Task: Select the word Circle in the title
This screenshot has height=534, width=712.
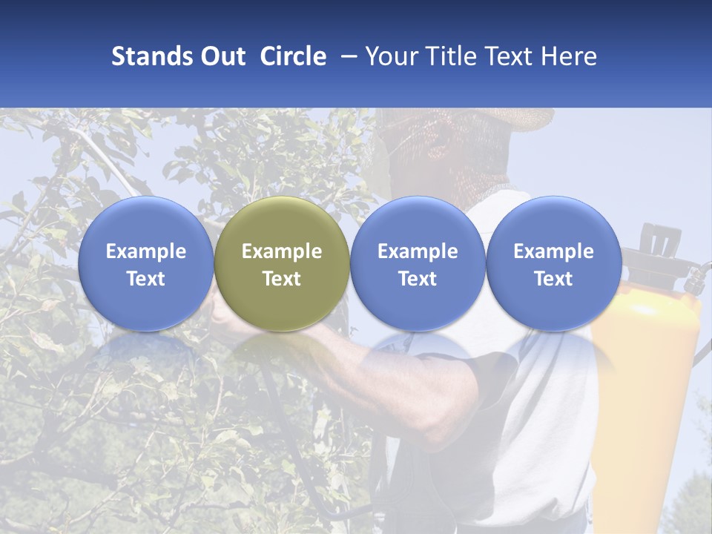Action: coord(293,56)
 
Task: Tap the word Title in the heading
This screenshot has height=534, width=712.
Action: coord(447,56)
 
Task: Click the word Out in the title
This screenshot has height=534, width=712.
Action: coord(221,56)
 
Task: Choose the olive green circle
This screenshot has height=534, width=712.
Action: coord(282,263)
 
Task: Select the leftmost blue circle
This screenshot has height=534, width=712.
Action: coord(145,263)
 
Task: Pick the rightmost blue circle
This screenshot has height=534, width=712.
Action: coord(553,263)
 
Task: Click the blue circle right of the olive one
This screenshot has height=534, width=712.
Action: coord(418,263)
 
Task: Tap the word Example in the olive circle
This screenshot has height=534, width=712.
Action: coord(282,251)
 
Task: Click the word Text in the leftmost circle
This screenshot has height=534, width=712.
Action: coord(145,279)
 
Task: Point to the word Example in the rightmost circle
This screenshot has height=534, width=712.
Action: coord(553,251)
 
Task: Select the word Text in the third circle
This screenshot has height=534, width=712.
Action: coord(418,279)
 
